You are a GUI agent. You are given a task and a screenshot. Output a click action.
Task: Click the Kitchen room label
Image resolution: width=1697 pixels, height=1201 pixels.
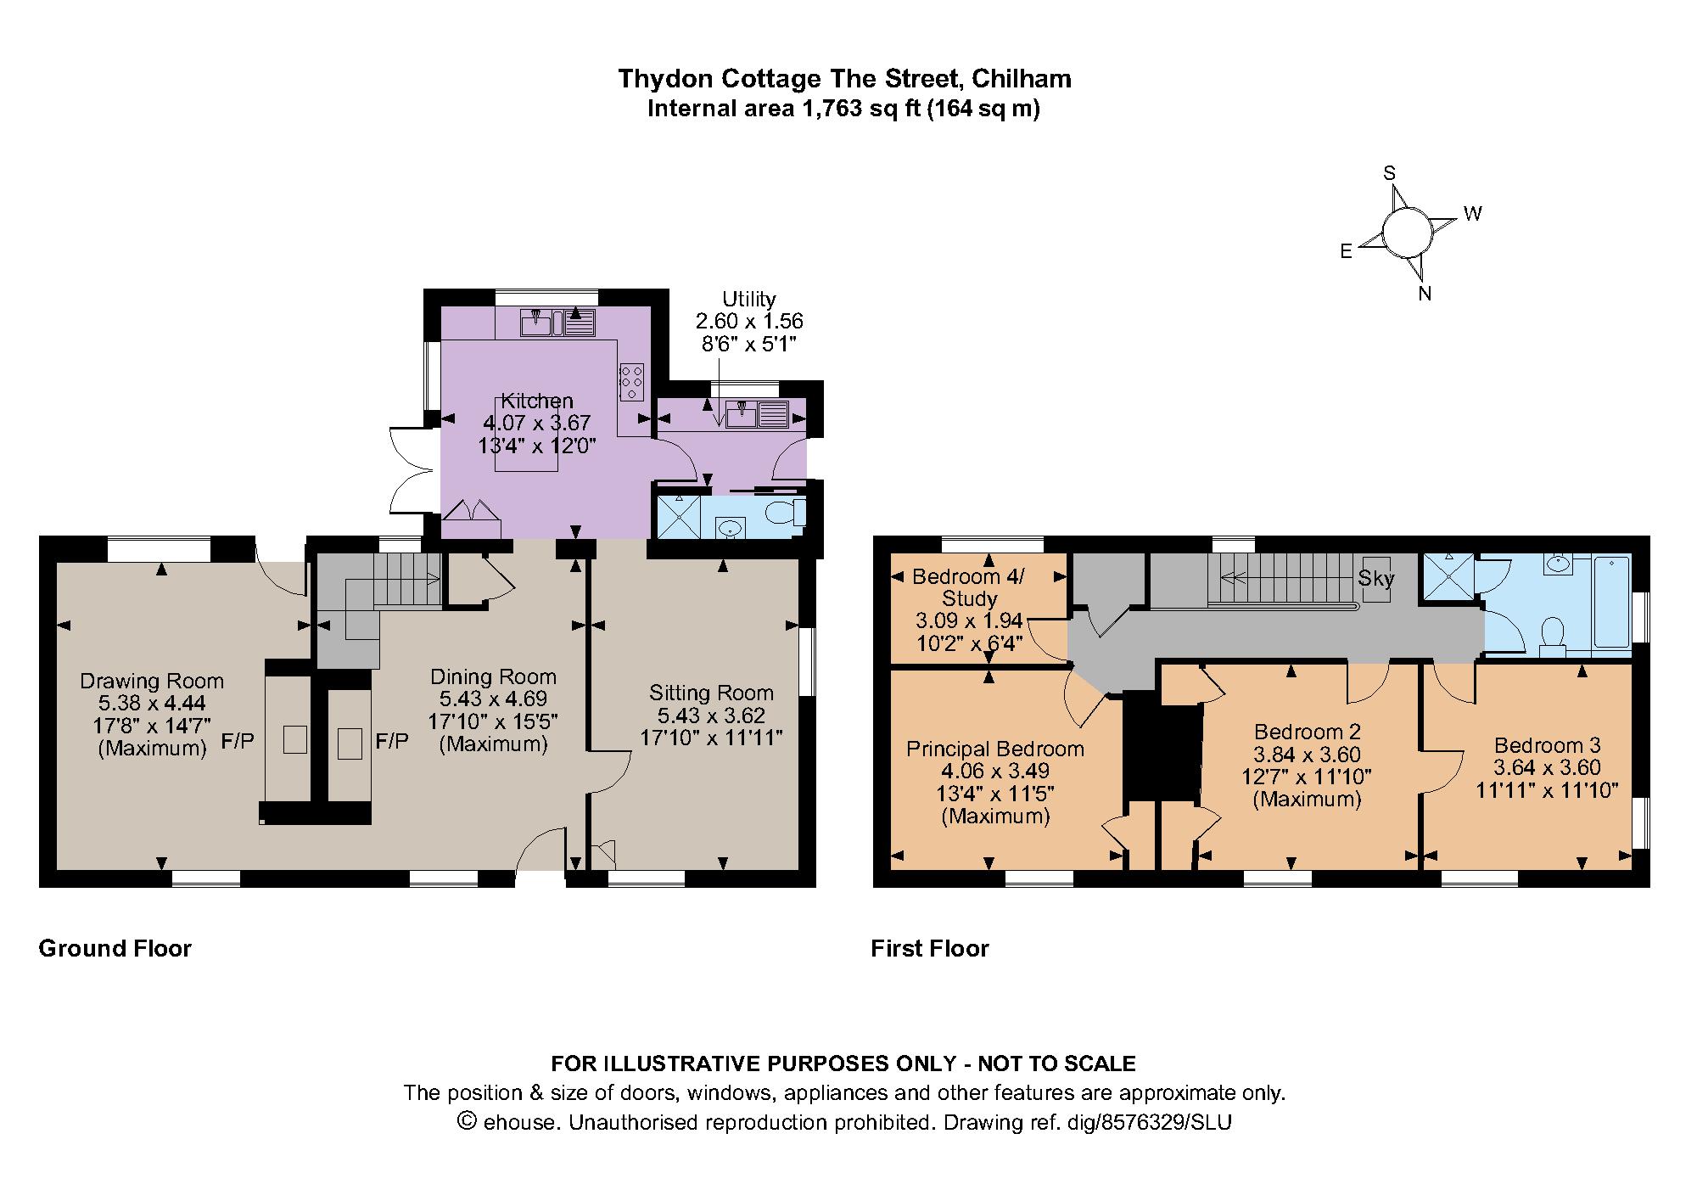[x=537, y=401]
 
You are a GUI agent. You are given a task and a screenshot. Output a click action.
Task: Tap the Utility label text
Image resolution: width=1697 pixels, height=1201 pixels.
[x=749, y=299]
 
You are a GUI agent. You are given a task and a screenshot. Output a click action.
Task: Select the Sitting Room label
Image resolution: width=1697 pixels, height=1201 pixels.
[x=712, y=693]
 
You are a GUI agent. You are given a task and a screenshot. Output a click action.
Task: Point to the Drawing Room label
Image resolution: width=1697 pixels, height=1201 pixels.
[x=152, y=681]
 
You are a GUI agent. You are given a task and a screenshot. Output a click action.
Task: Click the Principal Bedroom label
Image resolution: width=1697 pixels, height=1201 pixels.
[x=995, y=749]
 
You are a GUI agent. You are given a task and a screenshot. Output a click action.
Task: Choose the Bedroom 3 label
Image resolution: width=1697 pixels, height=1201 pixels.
[x=1548, y=745]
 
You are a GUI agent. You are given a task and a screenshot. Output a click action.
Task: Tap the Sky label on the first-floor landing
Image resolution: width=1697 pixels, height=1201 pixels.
[x=1376, y=579]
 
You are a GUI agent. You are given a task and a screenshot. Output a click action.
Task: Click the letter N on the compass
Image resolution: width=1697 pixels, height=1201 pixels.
[x=1425, y=294]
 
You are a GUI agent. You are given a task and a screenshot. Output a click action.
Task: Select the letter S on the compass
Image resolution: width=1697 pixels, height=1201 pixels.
[x=1390, y=173]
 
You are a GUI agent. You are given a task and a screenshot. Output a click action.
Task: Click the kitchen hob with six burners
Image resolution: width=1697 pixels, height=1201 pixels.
[x=632, y=382]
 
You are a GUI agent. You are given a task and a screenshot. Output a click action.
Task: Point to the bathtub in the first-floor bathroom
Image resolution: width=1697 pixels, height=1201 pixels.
[x=1611, y=603]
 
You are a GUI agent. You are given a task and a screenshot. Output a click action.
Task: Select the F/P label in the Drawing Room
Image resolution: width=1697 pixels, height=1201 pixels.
[x=238, y=741]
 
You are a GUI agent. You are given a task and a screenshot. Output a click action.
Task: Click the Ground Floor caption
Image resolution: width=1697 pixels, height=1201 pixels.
[x=115, y=948]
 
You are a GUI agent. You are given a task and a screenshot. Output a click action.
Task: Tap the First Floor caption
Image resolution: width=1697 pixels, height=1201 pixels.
[x=930, y=948]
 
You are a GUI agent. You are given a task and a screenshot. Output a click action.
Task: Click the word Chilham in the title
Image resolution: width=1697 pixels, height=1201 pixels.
[x=1022, y=79]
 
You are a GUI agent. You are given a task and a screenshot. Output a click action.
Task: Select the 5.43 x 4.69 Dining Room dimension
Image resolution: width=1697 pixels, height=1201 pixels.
[x=493, y=699]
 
